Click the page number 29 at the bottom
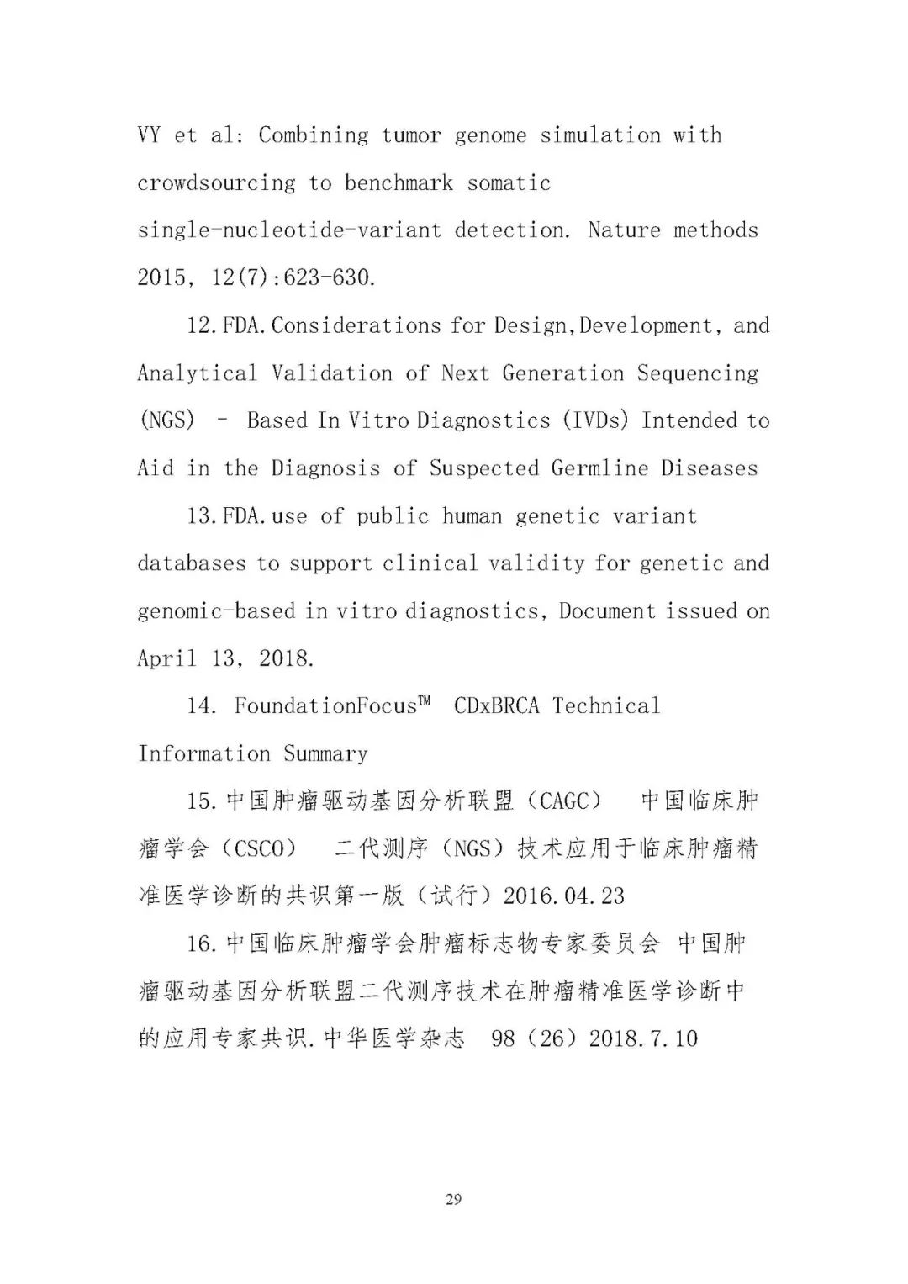click(453, 1199)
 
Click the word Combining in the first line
click(314, 135)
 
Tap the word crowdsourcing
click(217, 183)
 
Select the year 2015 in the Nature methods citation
click(161, 277)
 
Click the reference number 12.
click(202, 325)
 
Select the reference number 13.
click(202, 515)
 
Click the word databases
click(191, 563)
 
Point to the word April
click(166, 658)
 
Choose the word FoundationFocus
click(325, 706)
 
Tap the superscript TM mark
click(425, 700)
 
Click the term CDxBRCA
click(496, 706)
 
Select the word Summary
click(325, 753)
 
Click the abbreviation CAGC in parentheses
click(564, 801)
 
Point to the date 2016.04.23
click(564, 896)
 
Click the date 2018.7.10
click(643, 1038)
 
